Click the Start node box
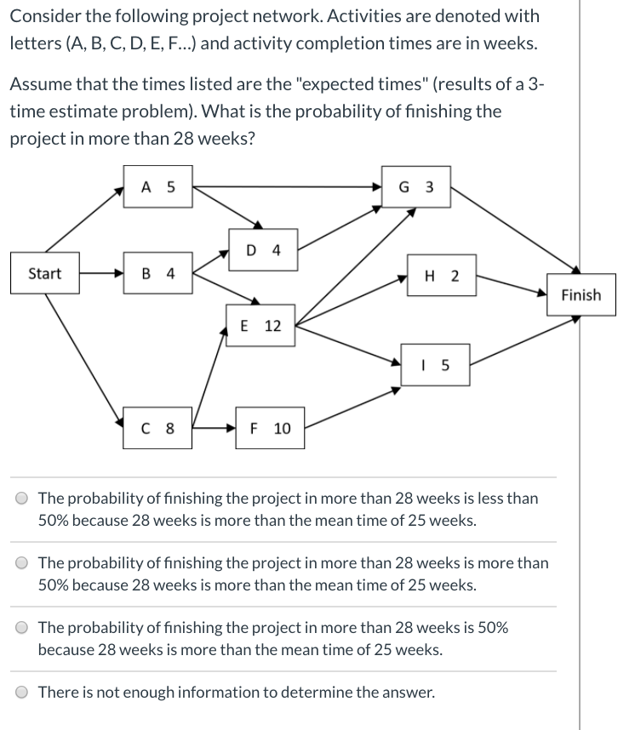(44, 273)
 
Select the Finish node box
(581, 295)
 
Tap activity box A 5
(157, 188)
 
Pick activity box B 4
(157, 273)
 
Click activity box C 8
(157, 428)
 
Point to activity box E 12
(261, 325)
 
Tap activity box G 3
(416, 188)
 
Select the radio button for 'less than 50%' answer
(21, 499)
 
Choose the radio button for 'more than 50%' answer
(21, 563)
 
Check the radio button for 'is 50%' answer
(21, 628)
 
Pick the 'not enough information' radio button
(21, 692)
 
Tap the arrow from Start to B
(100, 274)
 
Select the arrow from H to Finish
(510, 284)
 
